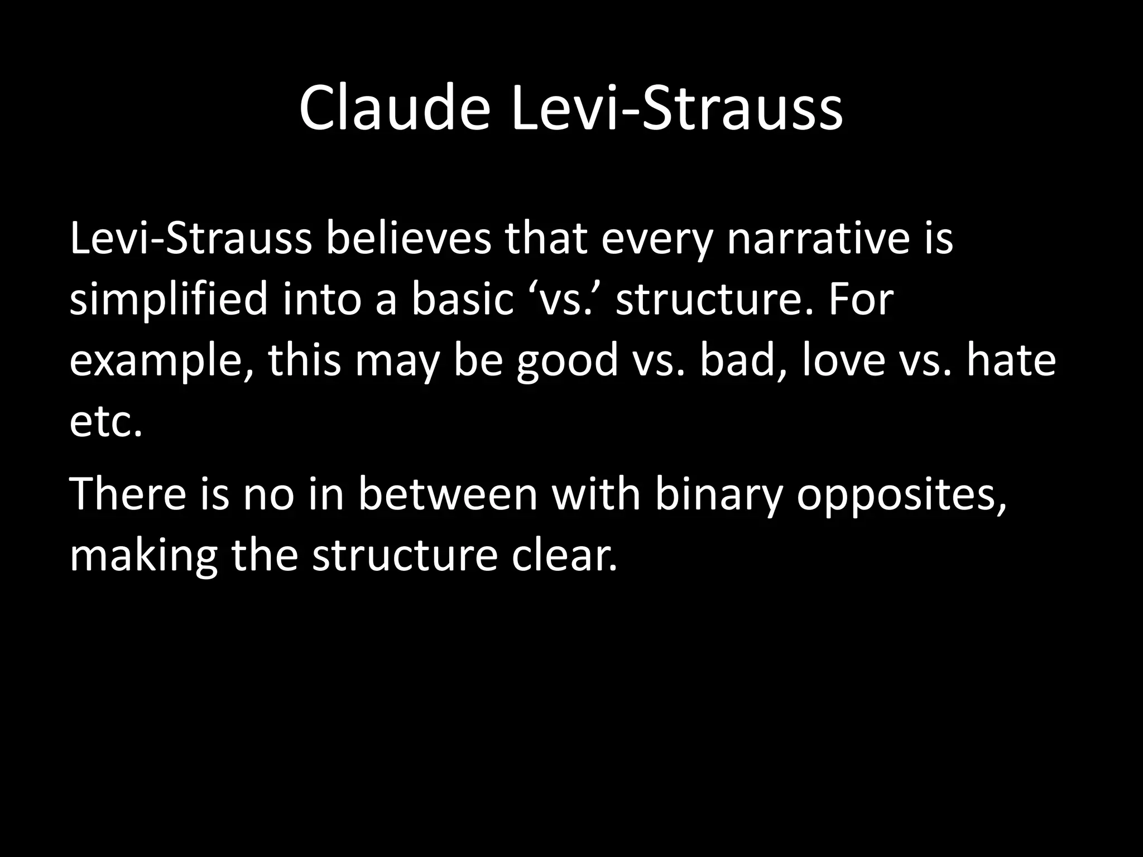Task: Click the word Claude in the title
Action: pyautogui.click(x=394, y=109)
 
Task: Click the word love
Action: pyautogui.click(x=843, y=360)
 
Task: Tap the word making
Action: pyautogui.click(x=143, y=557)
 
